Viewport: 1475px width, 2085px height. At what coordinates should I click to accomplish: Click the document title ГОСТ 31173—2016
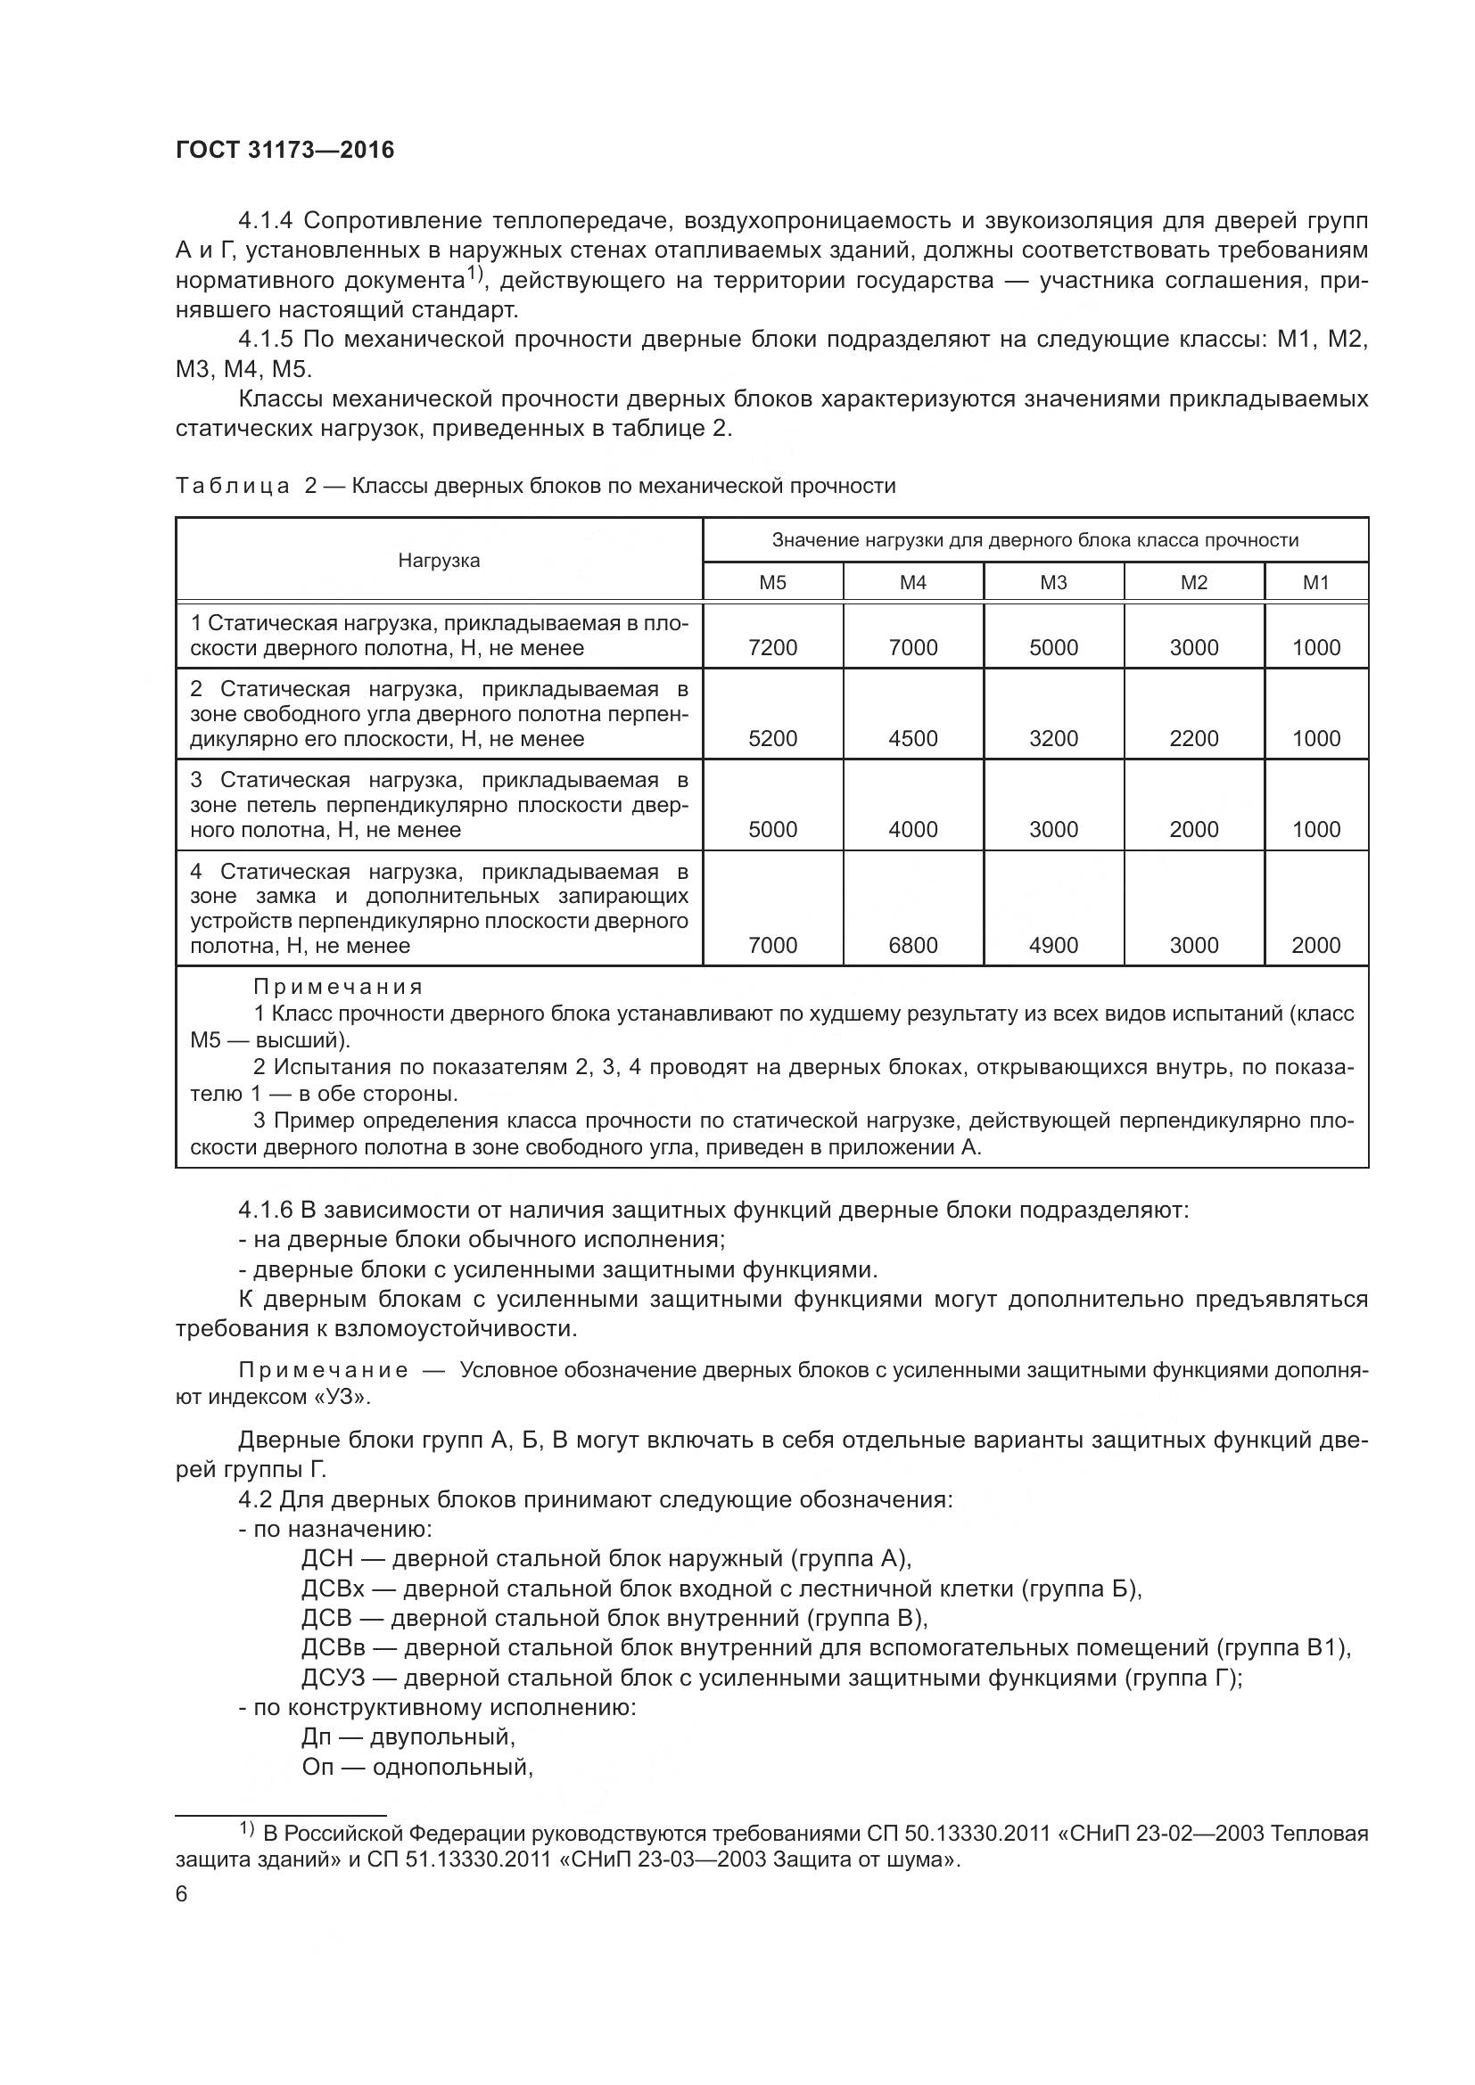tap(285, 150)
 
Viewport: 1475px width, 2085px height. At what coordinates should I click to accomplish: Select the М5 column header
tap(772, 582)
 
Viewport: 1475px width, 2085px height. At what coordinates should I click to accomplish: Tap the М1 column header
tap(1315, 582)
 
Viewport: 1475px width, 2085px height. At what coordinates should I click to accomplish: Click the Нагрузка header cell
tap(439, 561)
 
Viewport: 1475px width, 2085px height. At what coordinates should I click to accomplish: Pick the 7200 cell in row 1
tap(772, 647)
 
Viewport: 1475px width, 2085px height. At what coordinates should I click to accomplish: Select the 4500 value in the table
tap(913, 738)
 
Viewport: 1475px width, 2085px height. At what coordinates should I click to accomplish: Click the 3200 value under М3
tap(1053, 738)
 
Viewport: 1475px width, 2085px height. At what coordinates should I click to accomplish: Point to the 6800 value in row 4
tap(913, 945)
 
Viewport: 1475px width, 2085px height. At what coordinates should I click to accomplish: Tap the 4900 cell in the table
tap(1053, 945)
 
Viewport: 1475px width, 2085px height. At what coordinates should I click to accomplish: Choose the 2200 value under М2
tap(1193, 738)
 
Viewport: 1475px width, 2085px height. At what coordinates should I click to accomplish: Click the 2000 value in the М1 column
tap(1315, 945)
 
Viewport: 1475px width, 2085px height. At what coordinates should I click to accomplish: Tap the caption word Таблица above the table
tap(233, 487)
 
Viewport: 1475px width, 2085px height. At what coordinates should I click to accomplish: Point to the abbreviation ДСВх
tap(333, 1589)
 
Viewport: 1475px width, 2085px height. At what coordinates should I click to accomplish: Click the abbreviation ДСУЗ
tap(333, 1679)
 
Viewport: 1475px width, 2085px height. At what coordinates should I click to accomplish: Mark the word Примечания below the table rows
tap(338, 987)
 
